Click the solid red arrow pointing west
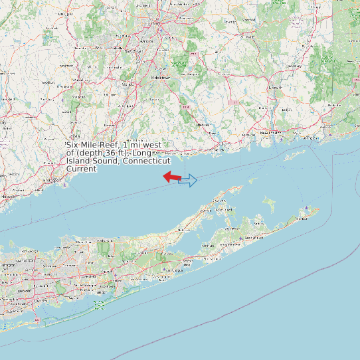tap(172, 177)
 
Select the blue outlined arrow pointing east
tap(188, 180)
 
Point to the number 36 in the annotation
tap(109, 153)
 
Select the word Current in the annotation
tap(82, 169)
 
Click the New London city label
tap(266, 133)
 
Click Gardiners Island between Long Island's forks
tap(269, 200)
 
